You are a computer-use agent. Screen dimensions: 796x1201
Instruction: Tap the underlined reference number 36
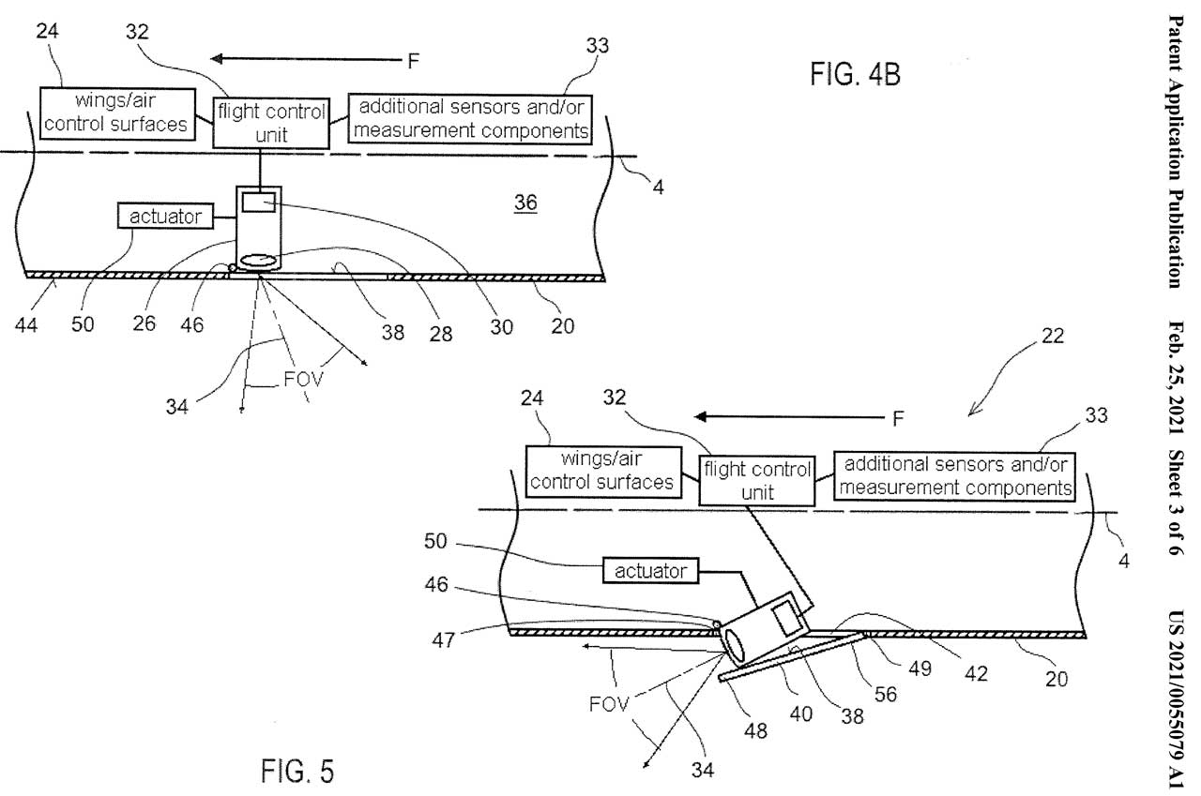tap(525, 203)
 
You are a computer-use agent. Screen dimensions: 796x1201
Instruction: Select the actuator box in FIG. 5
tap(649, 569)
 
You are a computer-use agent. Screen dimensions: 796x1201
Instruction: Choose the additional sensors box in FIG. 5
tap(953, 475)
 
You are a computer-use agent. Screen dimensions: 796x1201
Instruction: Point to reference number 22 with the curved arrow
tap(1053, 338)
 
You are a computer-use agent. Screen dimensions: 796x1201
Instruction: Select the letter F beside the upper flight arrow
tap(414, 62)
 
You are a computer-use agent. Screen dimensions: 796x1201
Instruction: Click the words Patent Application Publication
tap(1173, 150)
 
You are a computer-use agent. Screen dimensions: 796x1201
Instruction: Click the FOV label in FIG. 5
tap(607, 703)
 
